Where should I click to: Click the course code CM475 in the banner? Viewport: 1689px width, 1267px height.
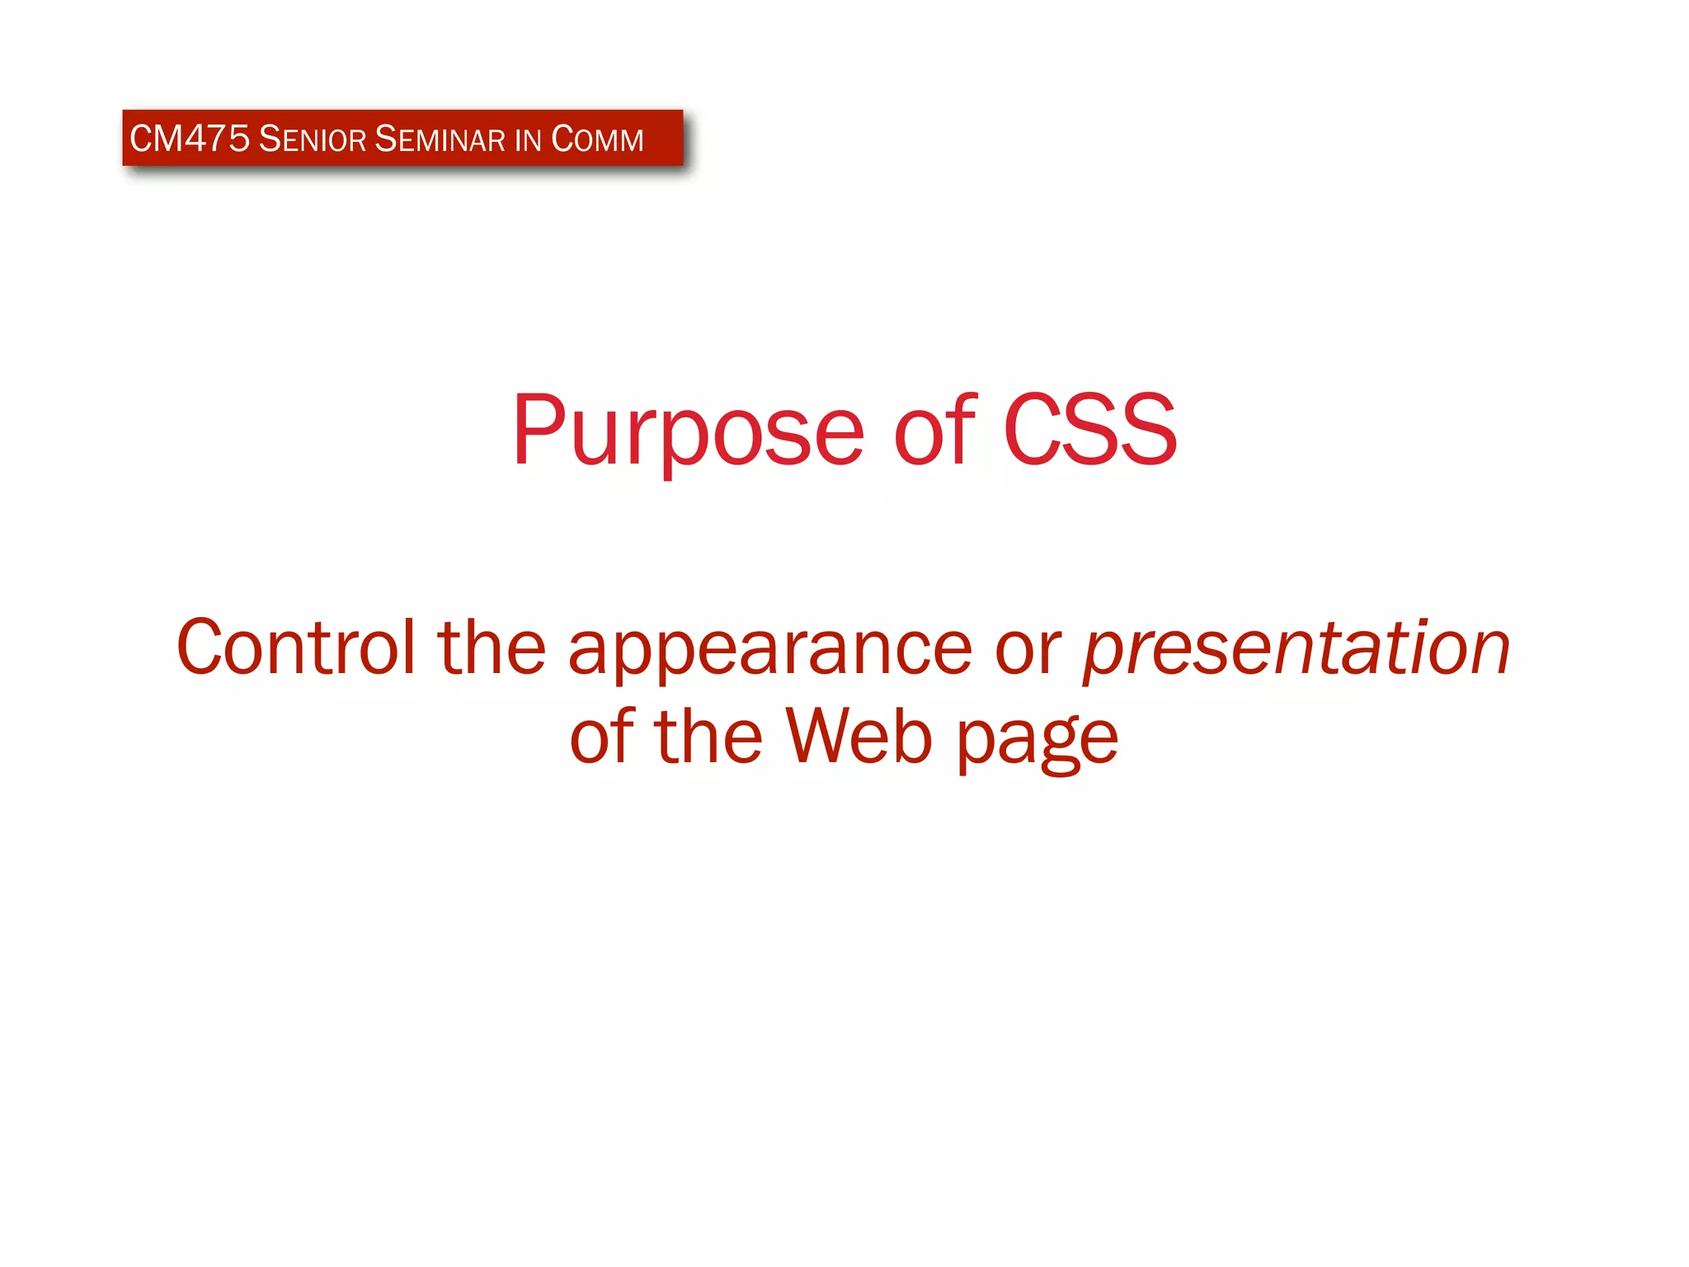coord(189,139)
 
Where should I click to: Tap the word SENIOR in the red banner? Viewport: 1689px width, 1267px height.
coord(312,139)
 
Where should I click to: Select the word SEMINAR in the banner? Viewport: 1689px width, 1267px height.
coord(440,139)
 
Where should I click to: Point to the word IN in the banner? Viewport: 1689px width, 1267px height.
coord(528,139)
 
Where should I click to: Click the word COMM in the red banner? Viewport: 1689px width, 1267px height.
coord(597,139)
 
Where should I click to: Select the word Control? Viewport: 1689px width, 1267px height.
coord(295,648)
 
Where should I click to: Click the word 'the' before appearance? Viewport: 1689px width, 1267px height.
coord(492,648)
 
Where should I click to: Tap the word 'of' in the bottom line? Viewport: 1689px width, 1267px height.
coord(602,736)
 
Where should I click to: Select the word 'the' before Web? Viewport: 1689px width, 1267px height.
coord(708,736)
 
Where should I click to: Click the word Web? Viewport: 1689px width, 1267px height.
coord(859,736)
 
